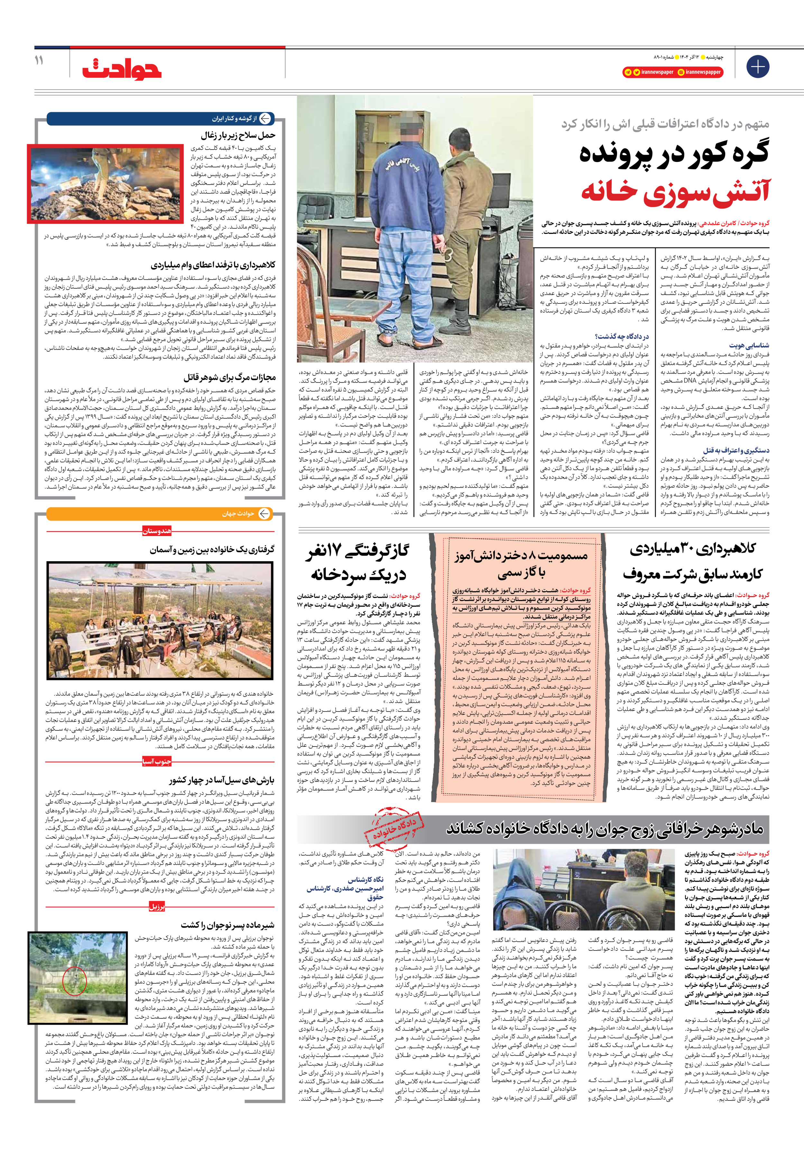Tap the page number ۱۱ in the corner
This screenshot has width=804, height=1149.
[39, 60]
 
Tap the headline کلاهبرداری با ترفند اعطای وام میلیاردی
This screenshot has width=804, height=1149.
[213, 265]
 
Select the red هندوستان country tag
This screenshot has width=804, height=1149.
[157, 531]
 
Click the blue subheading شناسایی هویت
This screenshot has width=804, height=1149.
[749, 345]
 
